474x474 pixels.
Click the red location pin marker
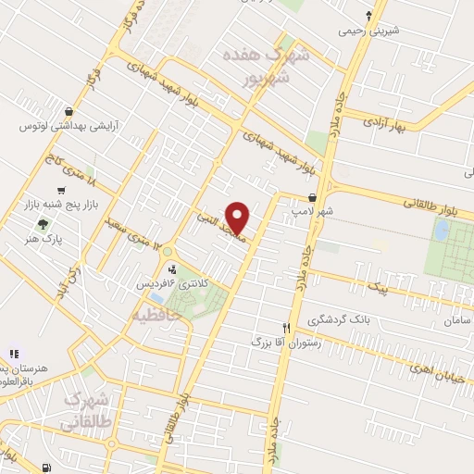(238, 218)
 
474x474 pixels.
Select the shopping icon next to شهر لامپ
(315, 197)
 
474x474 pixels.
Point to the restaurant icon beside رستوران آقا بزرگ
(287, 328)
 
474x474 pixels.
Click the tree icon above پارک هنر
(41, 223)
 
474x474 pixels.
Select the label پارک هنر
(41, 238)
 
